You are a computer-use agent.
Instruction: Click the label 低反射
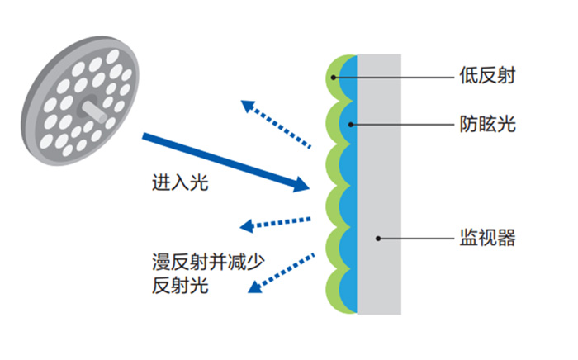pos(488,78)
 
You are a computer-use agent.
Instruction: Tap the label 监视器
pos(488,239)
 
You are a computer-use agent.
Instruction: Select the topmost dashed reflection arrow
pos(276,124)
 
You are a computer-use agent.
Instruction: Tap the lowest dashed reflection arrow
pos(282,269)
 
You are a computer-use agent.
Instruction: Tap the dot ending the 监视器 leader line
pos(377,239)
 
